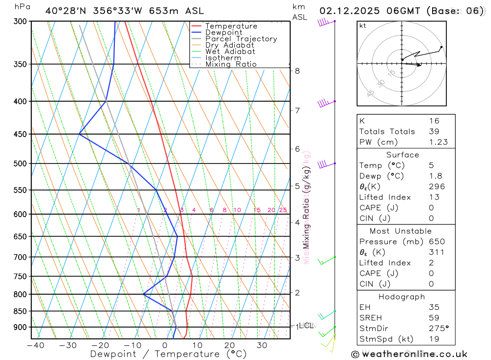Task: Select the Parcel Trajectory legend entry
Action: click(x=241, y=39)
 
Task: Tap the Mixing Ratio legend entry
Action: click(x=231, y=64)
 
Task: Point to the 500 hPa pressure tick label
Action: click(x=20, y=164)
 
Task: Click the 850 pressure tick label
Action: click(x=20, y=311)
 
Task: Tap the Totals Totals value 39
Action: click(x=434, y=131)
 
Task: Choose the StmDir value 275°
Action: click(x=438, y=329)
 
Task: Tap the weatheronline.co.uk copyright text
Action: click(x=409, y=354)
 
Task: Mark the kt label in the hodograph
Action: click(x=362, y=26)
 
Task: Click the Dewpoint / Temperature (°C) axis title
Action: click(x=161, y=354)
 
